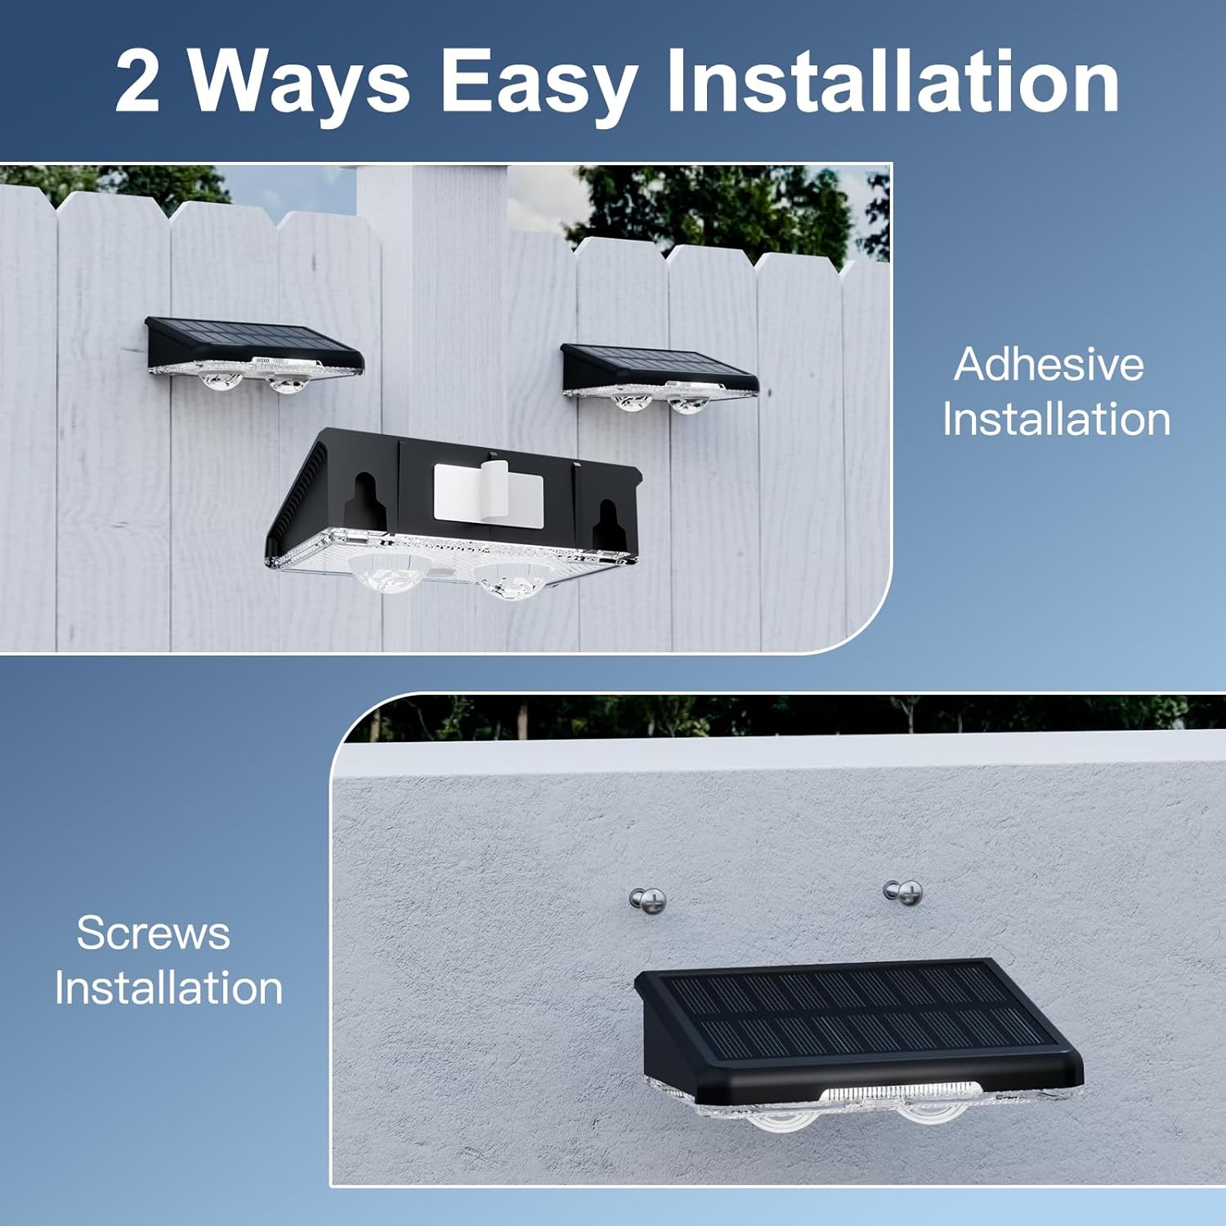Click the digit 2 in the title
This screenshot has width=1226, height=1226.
coord(137,83)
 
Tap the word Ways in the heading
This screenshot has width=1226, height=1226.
coord(299,83)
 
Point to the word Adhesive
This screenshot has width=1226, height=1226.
coord(1049,365)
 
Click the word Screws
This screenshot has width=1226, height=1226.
coord(154,933)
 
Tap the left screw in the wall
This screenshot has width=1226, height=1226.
coord(648,902)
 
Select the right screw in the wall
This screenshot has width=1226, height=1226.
coord(904,892)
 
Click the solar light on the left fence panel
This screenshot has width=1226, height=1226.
coord(254,353)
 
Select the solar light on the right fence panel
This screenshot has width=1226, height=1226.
coord(659,376)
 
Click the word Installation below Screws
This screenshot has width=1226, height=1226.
coord(168,987)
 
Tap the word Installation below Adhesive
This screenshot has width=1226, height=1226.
coord(1056,419)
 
